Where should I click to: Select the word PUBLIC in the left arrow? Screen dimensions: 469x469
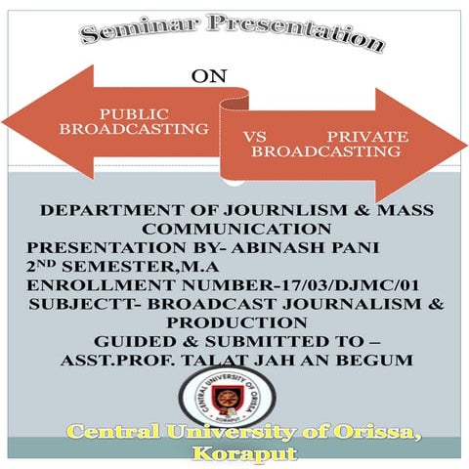[134, 112]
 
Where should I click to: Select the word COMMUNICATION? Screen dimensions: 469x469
[234, 228]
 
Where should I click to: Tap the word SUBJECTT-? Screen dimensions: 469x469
[79, 304]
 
